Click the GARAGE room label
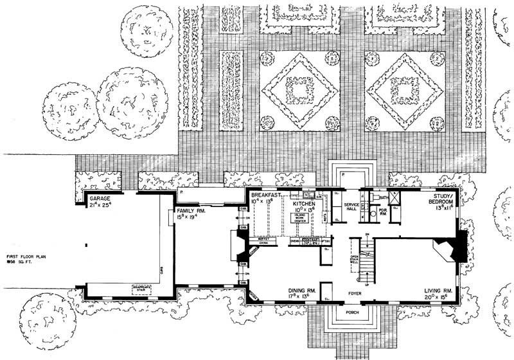(x=101, y=199)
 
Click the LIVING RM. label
(x=440, y=291)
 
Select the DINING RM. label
(x=303, y=291)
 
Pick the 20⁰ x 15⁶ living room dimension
(x=440, y=298)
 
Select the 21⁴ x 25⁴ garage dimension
(x=102, y=206)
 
